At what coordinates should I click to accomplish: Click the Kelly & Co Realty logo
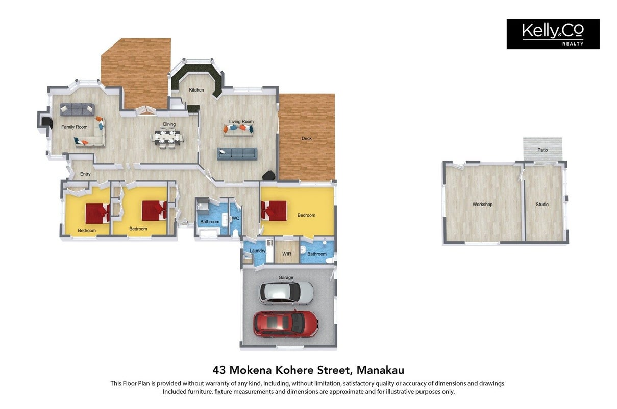[553, 34]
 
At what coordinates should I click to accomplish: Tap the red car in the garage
[286, 323]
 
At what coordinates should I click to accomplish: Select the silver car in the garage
[286, 293]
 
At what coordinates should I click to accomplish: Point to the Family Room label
[75, 127]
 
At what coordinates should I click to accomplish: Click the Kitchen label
[196, 90]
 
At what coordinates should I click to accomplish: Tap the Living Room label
[241, 122]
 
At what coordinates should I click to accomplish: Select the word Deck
[307, 138]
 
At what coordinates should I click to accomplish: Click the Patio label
[542, 150]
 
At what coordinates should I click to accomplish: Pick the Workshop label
[483, 204]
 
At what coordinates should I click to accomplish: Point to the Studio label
[542, 204]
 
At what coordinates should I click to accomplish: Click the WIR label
[287, 254]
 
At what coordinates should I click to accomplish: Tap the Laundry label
[258, 251]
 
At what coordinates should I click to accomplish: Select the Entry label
[85, 174]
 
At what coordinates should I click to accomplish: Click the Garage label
[286, 278]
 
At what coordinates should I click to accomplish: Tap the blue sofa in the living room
[237, 154]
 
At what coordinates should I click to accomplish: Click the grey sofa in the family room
[77, 109]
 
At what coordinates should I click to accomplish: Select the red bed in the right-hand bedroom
[274, 211]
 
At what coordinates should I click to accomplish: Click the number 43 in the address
[219, 370]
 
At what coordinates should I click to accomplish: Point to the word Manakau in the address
[380, 370]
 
